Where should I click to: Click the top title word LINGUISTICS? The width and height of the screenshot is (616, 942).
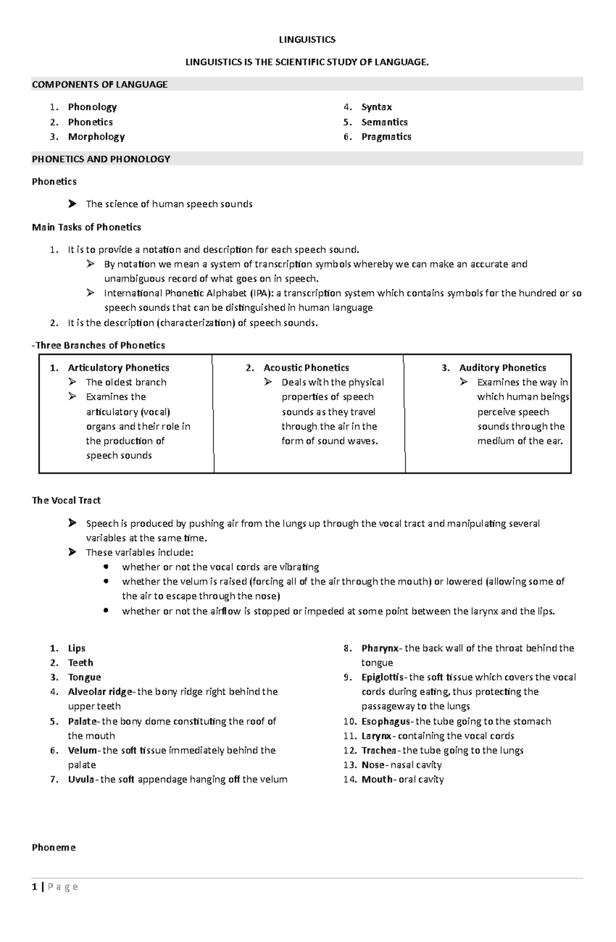click(x=307, y=40)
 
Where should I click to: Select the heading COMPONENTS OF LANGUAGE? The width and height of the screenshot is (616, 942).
click(x=100, y=85)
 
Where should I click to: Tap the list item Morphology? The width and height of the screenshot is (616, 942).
click(x=96, y=137)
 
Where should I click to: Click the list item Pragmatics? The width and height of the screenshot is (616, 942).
click(x=386, y=137)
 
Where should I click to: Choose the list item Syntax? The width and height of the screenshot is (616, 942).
click(x=376, y=107)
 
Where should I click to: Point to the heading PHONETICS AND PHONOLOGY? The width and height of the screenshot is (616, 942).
click(x=101, y=159)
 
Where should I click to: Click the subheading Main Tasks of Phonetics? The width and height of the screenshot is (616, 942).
click(x=86, y=227)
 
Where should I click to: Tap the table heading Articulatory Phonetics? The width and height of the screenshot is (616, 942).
click(x=119, y=368)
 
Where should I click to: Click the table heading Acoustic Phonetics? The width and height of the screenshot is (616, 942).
click(x=306, y=368)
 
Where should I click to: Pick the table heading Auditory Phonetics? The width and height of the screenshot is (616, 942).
click(x=502, y=368)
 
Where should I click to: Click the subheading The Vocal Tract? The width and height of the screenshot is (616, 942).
click(x=66, y=501)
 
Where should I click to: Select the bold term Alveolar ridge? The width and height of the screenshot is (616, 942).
click(x=100, y=691)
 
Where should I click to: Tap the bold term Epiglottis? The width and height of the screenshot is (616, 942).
click(x=382, y=677)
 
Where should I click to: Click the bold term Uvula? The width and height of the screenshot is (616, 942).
click(x=81, y=779)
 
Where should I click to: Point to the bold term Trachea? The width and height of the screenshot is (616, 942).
click(x=378, y=751)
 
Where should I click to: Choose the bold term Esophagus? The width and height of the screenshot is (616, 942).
click(x=386, y=721)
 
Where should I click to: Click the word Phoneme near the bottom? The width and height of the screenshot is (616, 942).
click(x=53, y=848)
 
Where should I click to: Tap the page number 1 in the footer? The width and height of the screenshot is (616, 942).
click(x=34, y=887)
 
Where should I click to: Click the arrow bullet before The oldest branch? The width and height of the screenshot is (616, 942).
click(x=73, y=382)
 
